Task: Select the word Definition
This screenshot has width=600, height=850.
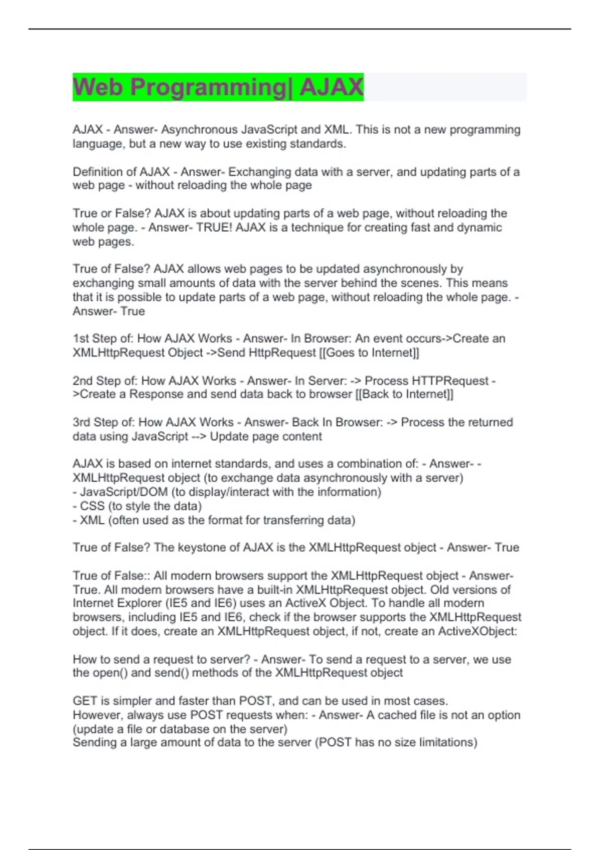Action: click(x=97, y=172)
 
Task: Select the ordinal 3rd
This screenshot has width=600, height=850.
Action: click(x=81, y=422)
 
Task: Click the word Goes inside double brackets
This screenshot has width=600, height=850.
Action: click(x=339, y=352)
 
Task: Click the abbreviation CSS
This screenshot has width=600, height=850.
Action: click(x=92, y=506)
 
